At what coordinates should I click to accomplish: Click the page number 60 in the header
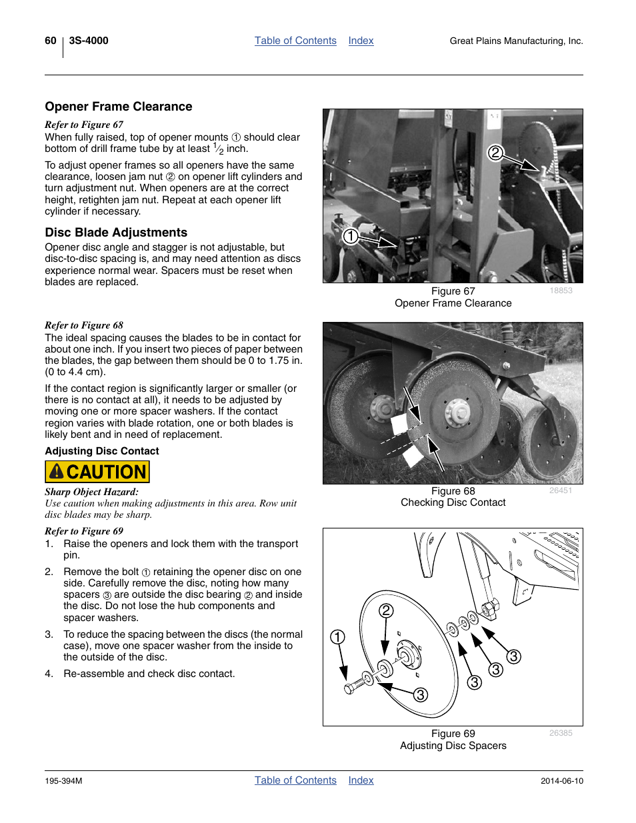51,41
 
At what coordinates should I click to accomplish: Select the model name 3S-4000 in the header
89,41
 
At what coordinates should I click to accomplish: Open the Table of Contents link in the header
295,41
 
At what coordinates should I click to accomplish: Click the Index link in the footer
361,780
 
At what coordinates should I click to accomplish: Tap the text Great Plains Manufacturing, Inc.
516,41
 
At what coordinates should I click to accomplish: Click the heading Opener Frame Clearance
119,107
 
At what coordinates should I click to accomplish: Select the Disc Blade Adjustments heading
116,233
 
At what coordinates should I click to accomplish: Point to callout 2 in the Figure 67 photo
495,153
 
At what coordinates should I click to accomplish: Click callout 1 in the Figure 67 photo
351,236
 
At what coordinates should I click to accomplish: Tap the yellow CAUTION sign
97,472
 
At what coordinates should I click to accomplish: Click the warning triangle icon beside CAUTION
57,472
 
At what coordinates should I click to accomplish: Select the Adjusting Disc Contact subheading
102,451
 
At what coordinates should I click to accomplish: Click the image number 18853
561,291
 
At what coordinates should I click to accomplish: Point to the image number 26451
561,490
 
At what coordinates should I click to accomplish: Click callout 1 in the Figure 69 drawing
338,637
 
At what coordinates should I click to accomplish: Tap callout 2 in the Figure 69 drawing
386,610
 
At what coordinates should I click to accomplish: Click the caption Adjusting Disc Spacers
453,746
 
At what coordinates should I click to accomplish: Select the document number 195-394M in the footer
63,781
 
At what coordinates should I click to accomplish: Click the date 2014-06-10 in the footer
561,781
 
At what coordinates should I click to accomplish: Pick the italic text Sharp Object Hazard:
92,492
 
